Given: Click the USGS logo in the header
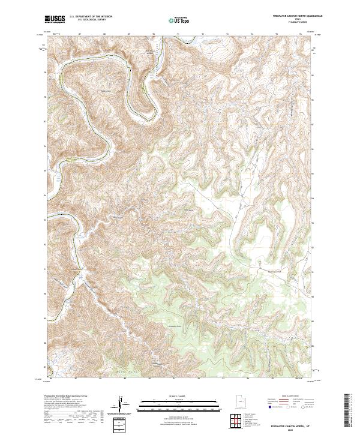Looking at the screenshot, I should click(55, 20).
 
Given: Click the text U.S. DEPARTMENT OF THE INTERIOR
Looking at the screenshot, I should click(92, 17).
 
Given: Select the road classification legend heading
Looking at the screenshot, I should click(290, 397).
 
